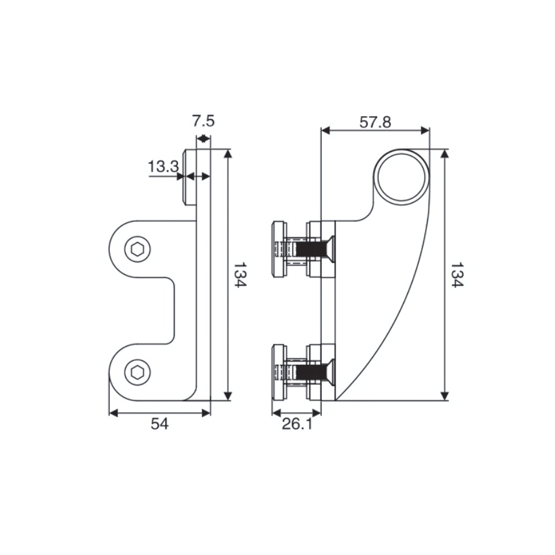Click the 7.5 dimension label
(x=203, y=121)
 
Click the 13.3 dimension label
(x=163, y=166)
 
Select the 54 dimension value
(x=159, y=424)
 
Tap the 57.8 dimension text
(x=375, y=122)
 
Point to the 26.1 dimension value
(x=297, y=424)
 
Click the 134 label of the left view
(x=240, y=275)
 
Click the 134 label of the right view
(x=456, y=275)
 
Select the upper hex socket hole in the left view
(x=138, y=250)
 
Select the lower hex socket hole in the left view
(x=138, y=373)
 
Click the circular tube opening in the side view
(x=402, y=177)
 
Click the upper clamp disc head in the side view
(x=278, y=249)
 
